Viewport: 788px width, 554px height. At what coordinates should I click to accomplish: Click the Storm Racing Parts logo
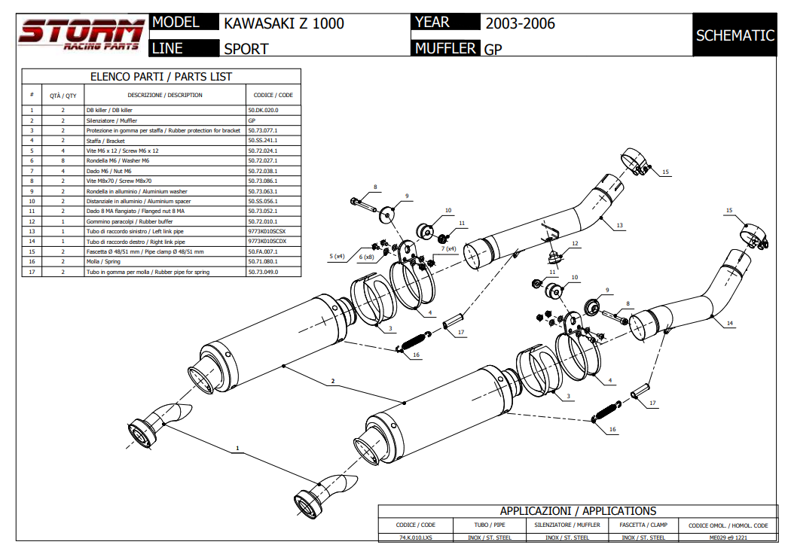81,35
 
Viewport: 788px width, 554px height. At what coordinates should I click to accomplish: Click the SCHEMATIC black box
735,35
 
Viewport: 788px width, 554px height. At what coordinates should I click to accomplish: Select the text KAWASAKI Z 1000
284,23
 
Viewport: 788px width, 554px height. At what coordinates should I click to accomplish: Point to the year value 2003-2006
520,23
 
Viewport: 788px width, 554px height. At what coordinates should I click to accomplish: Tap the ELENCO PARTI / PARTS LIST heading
161,76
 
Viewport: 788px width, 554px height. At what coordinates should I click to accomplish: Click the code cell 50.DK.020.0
264,110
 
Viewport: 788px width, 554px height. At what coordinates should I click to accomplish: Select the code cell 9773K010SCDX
267,242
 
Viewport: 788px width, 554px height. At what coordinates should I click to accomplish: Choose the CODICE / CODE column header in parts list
273,96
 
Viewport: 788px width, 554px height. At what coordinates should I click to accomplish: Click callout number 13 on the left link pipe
619,225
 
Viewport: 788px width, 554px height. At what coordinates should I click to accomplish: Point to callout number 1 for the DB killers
237,448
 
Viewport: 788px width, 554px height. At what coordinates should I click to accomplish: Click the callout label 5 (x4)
337,257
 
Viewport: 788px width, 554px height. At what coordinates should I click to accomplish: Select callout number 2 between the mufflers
332,382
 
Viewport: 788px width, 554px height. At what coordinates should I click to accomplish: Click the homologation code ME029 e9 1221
728,537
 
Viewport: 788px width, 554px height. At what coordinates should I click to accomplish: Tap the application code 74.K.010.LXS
416,537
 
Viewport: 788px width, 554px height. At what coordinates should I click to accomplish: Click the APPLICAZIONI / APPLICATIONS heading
578,511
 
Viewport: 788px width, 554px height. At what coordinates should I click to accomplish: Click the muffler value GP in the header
493,50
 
